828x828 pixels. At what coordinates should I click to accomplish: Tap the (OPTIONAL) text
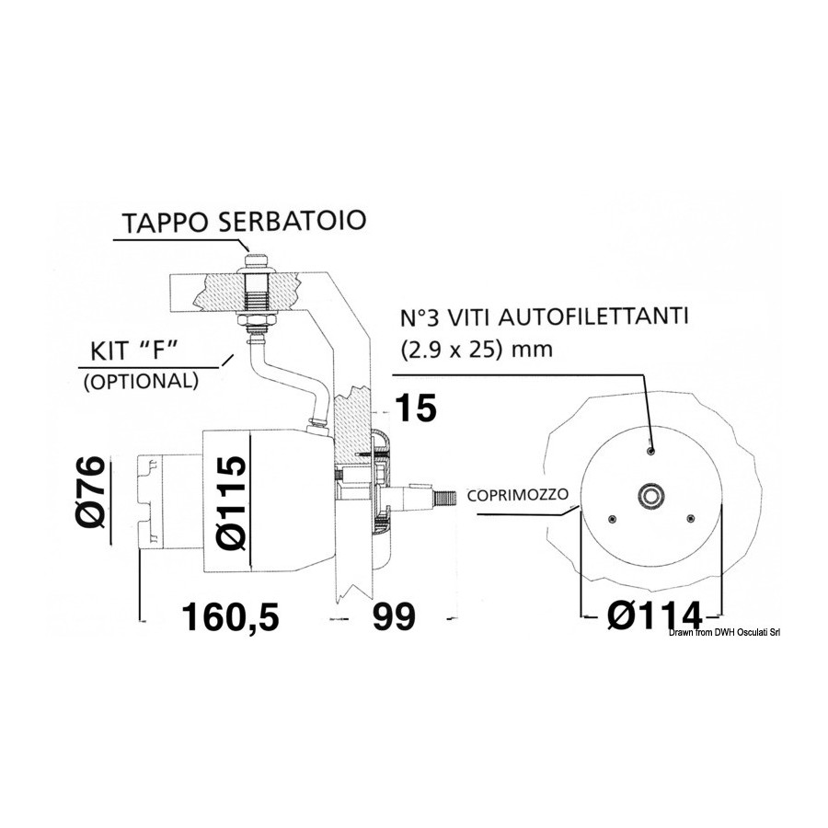(141, 381)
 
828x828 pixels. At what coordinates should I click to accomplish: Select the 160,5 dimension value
(230, 616)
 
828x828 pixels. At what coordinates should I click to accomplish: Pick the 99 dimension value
(394, 616)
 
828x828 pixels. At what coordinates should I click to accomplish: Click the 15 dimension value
(416, 408)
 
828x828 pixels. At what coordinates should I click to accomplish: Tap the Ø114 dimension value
(655, 615)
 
